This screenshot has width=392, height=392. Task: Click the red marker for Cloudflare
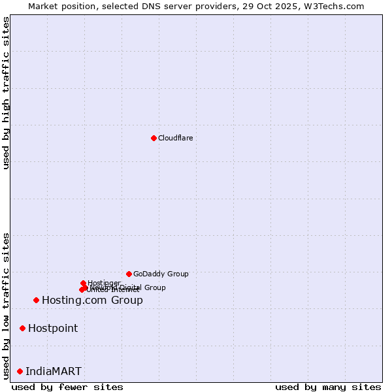pos(154,138)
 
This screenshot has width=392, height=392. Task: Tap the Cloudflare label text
pos(175,138)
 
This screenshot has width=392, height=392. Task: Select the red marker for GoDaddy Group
pos(129,274)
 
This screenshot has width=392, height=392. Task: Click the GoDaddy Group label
pos(161,274)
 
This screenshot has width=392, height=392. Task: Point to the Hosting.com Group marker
pos(36,300)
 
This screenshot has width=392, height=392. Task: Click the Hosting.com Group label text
pos(92,301)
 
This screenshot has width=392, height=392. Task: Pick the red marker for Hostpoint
pos(22,328)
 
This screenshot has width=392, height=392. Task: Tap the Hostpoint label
pos(53,329)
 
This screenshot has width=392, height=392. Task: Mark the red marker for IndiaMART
pos(20,371)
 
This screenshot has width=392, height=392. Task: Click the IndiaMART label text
pos(54,372)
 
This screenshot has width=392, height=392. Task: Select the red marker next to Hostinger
pos(83,283)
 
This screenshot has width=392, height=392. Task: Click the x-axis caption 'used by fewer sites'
pos(67,387)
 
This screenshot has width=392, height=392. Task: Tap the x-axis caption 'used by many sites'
pos(328,387)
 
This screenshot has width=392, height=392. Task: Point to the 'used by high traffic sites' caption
pos(7,93)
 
